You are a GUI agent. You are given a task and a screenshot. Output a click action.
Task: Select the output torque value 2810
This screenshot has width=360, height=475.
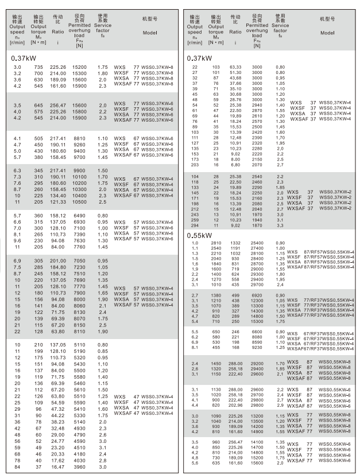(216, 243)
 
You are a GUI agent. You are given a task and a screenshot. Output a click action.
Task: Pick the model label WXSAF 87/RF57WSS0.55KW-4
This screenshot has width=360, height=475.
(320, 267)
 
